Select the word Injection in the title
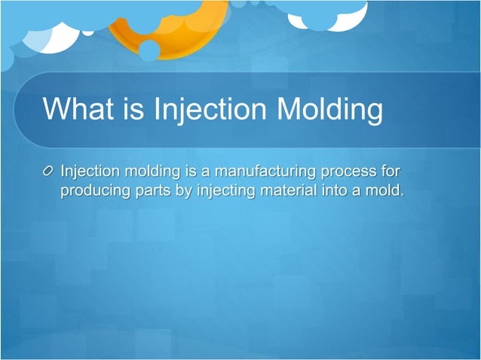click(x=201, y=110)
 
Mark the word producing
click(x=94, y=191)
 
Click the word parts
click(x=152, y=191)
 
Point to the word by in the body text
click(x=184, y=191)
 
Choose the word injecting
click(x=226, y=191)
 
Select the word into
click(x=332, y=191)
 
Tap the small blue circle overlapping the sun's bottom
click(x=149, y=50)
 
